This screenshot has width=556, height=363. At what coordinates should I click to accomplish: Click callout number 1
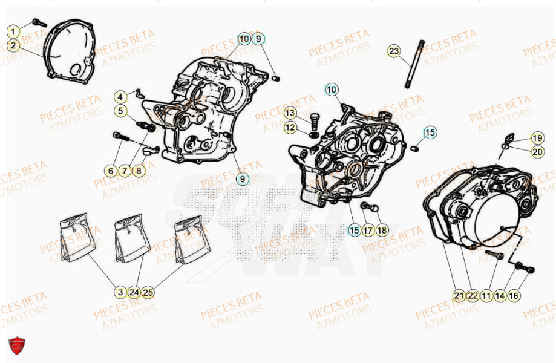coord(14,30)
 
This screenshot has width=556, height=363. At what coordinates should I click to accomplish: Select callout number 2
coord(14,45)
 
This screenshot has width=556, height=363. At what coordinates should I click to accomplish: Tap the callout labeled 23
coord(394,51)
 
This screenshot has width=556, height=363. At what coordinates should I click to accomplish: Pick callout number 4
coord(121,97)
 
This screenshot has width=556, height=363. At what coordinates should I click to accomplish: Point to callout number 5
coord(121,111)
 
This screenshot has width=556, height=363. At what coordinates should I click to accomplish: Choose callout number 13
coord(290,113)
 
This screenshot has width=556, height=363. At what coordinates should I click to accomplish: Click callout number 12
coord(290,128)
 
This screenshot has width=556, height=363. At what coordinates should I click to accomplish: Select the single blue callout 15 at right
coord(429,132)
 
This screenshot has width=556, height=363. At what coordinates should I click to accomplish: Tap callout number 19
coord(537,137)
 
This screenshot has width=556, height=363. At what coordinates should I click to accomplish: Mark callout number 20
coord(537,151)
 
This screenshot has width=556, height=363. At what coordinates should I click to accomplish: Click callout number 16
coord(513,295)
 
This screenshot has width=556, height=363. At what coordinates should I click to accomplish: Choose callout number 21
coord(459,295)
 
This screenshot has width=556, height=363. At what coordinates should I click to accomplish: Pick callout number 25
coord(148,292)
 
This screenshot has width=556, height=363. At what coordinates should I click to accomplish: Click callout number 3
coord(120,292)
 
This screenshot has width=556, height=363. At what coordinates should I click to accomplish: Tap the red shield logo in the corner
coord(17,346)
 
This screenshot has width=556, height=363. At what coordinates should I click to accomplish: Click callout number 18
coord(381,230)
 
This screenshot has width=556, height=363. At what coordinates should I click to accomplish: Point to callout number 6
coord(110,171)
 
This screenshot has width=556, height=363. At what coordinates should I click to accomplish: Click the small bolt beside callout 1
coord(39,23)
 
